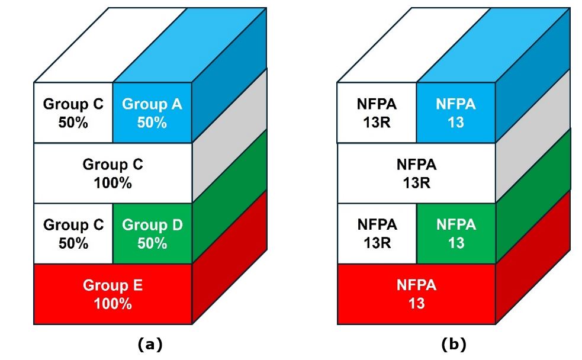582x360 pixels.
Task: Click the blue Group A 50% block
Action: [x=152, y=112]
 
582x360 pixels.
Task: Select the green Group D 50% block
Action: [x=152, y=233]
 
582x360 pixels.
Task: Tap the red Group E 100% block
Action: [x=113, y=294]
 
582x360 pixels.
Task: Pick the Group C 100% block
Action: [x=113, y=173]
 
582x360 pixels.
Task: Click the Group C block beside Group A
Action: [x=73, y=112]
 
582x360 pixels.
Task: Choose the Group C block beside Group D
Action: [x=73, y=233]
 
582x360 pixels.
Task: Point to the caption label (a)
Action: [x=150, y=345]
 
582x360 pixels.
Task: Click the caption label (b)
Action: [x=454, y=345]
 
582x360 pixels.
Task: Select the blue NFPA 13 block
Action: [x=456, y=112]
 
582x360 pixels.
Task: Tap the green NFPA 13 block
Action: [x=456, y=233]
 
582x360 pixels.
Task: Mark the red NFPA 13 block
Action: [x=416, y=294]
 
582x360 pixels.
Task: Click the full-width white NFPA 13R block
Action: [x=416, y=173]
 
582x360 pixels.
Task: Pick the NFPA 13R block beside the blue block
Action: [x=377, y=112]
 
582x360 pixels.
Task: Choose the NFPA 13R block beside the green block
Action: [x=377, y=233]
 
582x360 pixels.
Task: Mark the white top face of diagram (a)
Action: [x=110, y=45]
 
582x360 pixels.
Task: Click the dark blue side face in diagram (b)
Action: [x=533, y=75]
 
